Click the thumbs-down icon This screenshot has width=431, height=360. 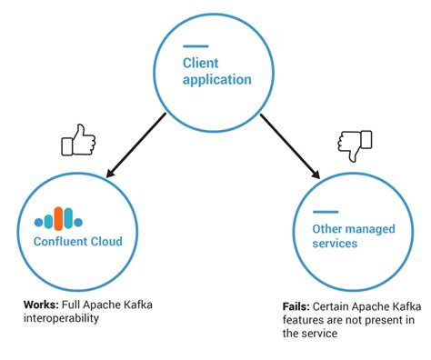tap(355, 143)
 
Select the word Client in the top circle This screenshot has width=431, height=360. tap(201, 63)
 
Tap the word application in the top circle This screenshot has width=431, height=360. tap(216, 79)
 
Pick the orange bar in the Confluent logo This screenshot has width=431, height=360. tap(58, 218)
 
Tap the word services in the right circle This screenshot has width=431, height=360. tap(335, 244)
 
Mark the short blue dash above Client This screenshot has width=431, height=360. tap(195, 46)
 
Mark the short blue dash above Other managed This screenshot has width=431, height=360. tap(326, 211)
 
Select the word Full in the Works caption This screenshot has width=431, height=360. tap(75, 305)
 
